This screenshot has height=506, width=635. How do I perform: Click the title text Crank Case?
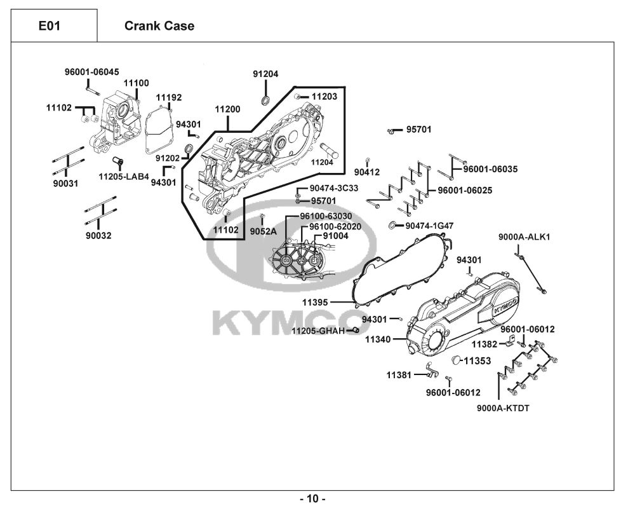point(159,26)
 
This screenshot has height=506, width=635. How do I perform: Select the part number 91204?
point(265,74)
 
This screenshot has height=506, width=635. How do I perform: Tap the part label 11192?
point(169,97)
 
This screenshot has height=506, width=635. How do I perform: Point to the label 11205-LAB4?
point(124,176)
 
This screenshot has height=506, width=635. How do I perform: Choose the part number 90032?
point(98,236)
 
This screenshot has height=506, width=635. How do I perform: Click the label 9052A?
point(263,231)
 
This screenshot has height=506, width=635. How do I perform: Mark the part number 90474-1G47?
point(430,226)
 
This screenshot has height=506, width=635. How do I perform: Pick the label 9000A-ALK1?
point(524,237)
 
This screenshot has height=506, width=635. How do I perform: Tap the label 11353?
point(478,361)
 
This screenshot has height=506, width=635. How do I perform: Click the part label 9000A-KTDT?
point(502,407)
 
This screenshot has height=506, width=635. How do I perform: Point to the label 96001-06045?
point(91,72)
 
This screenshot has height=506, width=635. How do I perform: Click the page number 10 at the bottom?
point(312,498)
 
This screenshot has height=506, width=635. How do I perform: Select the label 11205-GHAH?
point(318,331)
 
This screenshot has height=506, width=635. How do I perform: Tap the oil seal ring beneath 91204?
point(265,100)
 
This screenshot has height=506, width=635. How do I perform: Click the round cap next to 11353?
point(455,361)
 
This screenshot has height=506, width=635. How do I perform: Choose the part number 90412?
point(367,172)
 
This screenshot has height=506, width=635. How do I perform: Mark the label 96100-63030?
point(326,216)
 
